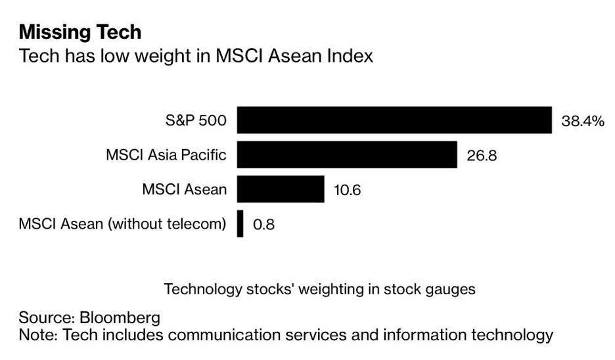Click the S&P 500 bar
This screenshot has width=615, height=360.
tap(394, 120)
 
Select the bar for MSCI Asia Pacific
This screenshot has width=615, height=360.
tap(347, 155)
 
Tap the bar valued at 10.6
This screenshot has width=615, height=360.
tap(281, 190)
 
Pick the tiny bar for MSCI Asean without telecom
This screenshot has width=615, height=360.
tap(240, 224)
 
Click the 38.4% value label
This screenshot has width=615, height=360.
tap(582, 121)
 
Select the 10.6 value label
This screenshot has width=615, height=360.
tap(348, 191)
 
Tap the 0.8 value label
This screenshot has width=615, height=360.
tap(264, 225)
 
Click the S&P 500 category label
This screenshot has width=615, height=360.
tap(196, 121)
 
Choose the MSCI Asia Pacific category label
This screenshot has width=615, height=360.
tap(166, 156)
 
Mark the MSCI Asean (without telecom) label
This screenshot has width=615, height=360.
tap(122, 225)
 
